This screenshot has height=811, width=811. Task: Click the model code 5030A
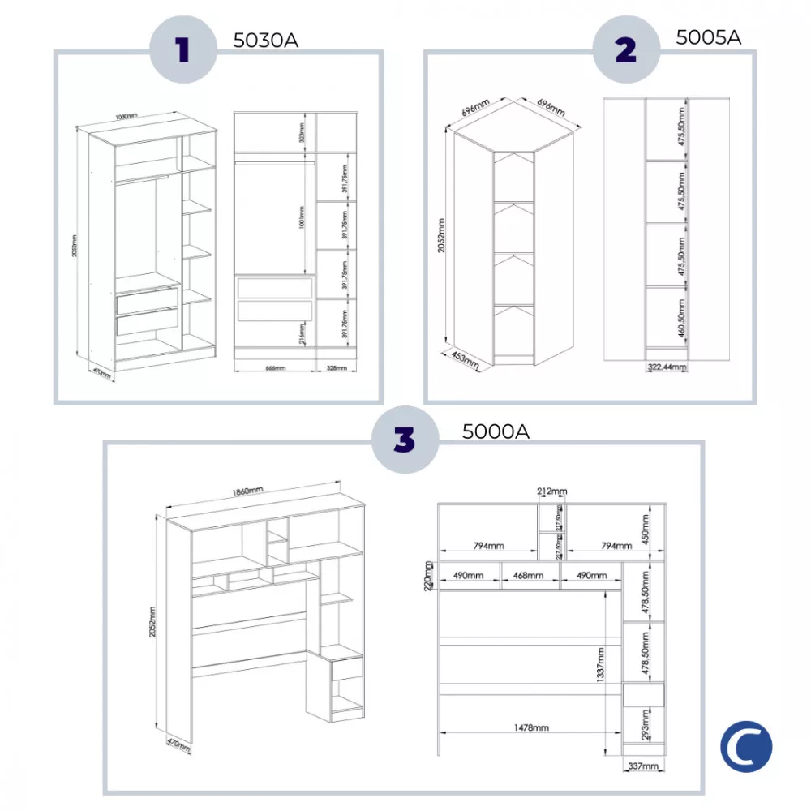(265, 40)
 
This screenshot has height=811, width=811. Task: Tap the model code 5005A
(708, 36)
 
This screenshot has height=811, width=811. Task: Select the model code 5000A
(496, 431)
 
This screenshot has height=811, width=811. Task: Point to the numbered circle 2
(625, 50)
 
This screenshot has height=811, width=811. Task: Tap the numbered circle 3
(404, 440)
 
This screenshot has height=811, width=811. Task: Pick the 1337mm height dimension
(599, 663)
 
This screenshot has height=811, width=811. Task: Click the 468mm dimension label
(528, 575)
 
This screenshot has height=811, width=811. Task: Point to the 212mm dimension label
(551, 491)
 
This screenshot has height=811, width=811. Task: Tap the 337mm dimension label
(642, 766)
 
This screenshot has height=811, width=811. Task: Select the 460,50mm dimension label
(682, 319)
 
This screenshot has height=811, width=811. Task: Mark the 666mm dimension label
(275, 367)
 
